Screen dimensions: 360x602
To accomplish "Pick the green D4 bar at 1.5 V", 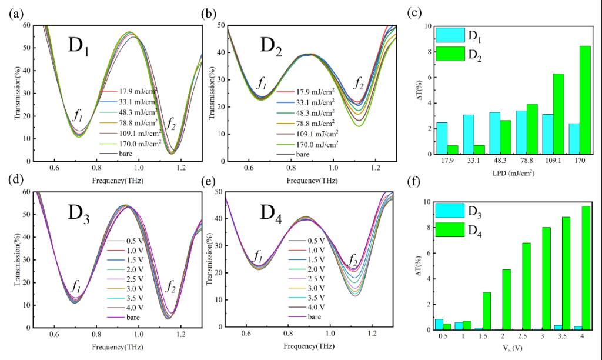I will pyautogui.click(x=487, y=311).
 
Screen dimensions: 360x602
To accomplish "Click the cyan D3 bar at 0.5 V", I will pyautogui.click(x=439, y=324).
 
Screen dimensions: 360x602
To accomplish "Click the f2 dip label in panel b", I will pyautogui.click(x=358, y=84).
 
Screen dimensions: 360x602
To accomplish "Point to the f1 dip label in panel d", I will pyautogui.click(x=76, y=286).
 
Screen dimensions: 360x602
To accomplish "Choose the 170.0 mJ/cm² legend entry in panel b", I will pyautogui.click(x=312, y=144).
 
